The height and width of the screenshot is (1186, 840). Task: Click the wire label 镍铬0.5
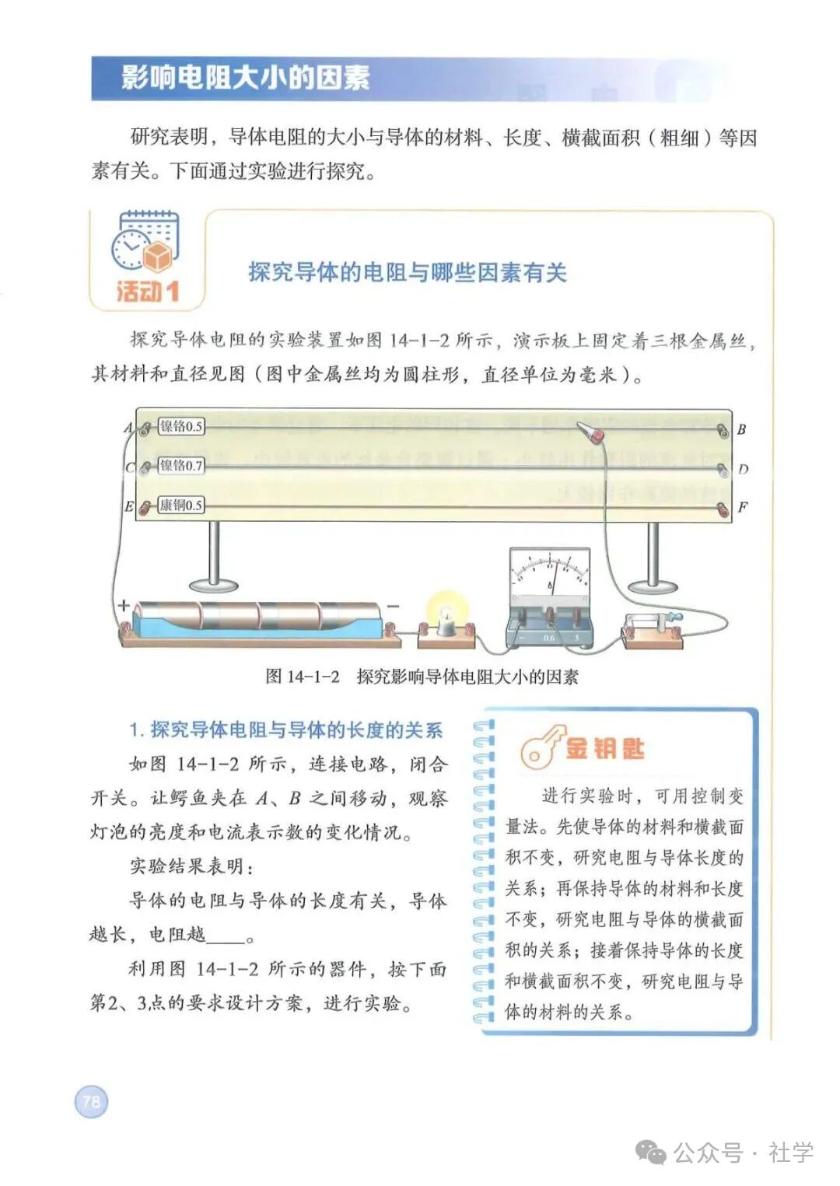click(180, 426)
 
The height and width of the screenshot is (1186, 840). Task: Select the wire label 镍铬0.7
click(180, 466)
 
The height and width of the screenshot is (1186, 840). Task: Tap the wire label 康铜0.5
click(180, 506)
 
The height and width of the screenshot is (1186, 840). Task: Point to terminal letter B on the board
click(741, 429)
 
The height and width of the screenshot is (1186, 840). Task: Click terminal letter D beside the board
click(743, 469)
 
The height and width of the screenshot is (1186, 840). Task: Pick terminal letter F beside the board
click(742, 507)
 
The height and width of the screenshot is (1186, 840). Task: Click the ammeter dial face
click(549, 575)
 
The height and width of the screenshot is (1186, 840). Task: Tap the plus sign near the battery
click(123, 605)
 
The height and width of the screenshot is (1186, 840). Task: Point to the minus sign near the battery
click(393, 606)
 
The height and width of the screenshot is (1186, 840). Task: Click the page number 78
click(91, 1101)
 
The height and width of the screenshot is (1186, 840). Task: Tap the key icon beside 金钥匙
click(540, 748)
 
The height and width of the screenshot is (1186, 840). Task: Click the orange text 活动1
click(147, 292)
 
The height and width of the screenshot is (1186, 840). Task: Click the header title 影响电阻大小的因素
click(245, 79)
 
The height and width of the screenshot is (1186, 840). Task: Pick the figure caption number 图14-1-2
click(303, 677)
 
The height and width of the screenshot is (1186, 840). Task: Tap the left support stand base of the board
click(214, 584)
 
